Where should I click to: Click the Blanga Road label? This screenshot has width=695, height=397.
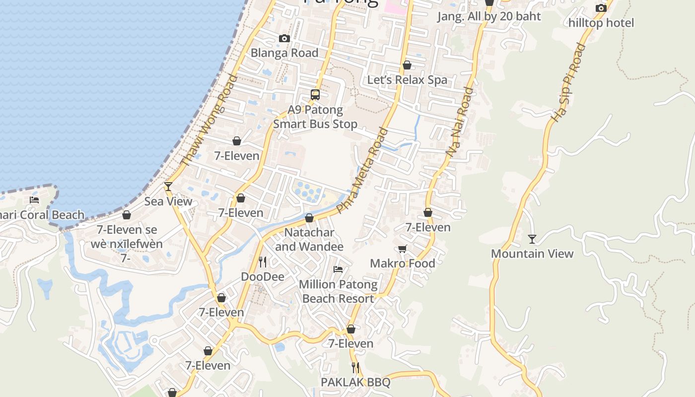click(284, 53)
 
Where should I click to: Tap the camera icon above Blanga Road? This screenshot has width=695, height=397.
click(284, 39)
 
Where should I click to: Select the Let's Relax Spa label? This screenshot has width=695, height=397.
click(407, 80)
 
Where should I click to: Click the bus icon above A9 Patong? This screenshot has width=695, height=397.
click(315, 95)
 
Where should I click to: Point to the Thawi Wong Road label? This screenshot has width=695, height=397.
click(208, 121)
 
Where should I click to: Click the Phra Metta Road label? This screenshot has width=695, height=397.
click(362, 170)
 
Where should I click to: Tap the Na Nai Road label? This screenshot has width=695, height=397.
click(460, 123)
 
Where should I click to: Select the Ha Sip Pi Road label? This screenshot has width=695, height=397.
click(569, 83)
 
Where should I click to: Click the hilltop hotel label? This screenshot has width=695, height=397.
click(601, 23)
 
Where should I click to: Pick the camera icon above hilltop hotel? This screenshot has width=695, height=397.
click(601, 8)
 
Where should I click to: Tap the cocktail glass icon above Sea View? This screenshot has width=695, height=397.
click(168, 187)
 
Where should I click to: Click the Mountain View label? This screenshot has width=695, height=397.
click(532, 254)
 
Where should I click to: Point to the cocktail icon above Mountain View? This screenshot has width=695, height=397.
click(532, 239)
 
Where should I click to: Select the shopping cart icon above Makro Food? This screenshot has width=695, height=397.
click(403, 249)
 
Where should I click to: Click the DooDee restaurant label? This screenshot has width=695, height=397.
click(263, 276)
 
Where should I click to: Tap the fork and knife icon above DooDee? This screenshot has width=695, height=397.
click(263, 262)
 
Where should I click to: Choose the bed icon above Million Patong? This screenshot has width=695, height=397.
click(338, 269)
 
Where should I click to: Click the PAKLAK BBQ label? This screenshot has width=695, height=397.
click(355, 382)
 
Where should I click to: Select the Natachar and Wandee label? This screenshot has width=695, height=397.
click(309, 239)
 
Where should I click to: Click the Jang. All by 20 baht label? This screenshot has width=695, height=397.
click(489, 16)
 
